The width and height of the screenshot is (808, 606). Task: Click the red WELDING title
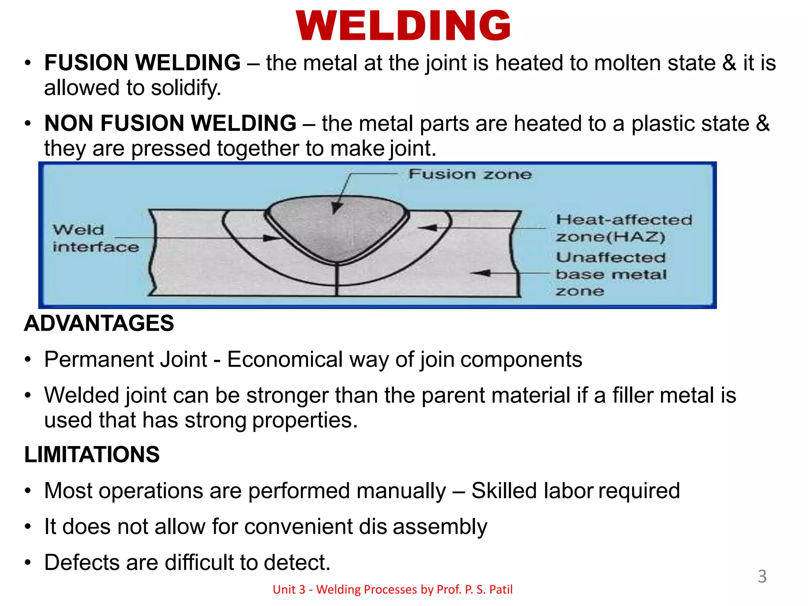point(403,26)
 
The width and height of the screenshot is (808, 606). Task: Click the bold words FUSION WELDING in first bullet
point(142,63)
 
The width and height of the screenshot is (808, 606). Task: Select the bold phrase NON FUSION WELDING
point(170,123)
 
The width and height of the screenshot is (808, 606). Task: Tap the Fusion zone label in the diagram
point(470,174)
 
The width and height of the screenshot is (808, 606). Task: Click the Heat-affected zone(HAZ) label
point(623,228)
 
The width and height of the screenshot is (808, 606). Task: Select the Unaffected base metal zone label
point(611,274)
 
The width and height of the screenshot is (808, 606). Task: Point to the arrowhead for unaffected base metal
point(481,273)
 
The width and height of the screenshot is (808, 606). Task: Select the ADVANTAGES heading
point(99,323)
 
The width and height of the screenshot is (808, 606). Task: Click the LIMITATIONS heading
point(92,454)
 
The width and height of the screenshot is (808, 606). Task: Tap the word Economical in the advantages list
point(285,360)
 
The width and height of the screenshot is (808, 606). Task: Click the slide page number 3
point(762,576)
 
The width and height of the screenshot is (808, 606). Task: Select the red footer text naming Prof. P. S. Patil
point(393,589)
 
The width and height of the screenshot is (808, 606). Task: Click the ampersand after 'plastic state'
point(763,123)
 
